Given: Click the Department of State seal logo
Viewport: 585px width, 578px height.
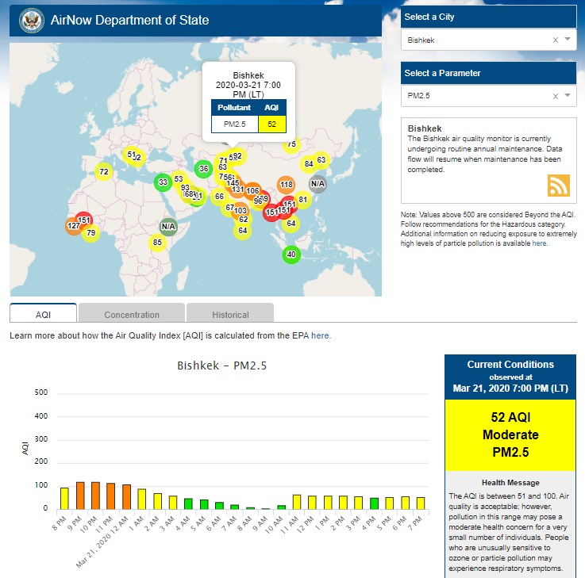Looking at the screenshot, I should click(x=32, y=20).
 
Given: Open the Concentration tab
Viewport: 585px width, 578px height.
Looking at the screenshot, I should click(x=132, y=315).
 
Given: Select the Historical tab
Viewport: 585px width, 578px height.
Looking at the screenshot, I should click(x=230, y=315).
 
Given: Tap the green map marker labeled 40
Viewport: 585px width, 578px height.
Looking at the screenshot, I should click(x=291, y=255).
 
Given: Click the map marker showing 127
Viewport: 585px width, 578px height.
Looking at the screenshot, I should click(x=74, y=226).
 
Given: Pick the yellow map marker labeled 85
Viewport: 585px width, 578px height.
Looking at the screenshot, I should click(x=157, y=242).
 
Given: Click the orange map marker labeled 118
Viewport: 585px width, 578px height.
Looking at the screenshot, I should click(x=287, y=185).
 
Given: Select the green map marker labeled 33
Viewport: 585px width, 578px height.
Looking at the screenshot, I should click(x=163, y=182).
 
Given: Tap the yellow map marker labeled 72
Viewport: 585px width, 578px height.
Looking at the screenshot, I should click(x=103, y=171).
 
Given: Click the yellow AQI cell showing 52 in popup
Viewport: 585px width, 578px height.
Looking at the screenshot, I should click(x=272, y=124).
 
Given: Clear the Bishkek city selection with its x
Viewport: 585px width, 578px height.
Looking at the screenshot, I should click(x=556, y=40).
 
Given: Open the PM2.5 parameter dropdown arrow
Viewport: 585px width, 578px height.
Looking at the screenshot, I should click(x=568, y=96).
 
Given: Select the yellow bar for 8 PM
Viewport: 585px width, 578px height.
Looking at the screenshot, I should click(x=64, y=498).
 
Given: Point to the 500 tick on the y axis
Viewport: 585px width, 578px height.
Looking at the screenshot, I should click(x=42, y=393).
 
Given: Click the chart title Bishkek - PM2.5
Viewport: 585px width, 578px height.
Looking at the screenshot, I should click(x=221, y=366).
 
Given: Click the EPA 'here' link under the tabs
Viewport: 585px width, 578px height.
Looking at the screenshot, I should click(x=321, y=335).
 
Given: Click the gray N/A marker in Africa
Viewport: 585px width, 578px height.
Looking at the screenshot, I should click(x=168, y=226).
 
